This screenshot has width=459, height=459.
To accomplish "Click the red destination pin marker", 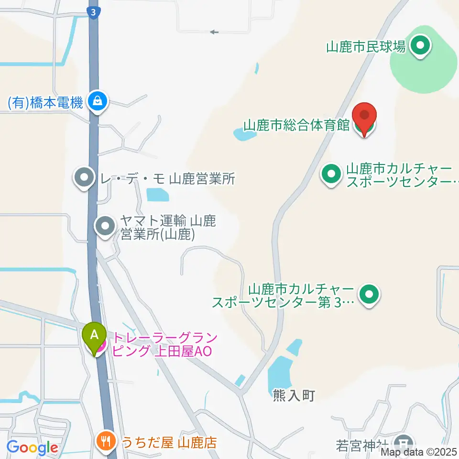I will click(x=364, y=116).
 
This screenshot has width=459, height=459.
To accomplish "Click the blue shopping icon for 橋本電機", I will click(x=98, y=101).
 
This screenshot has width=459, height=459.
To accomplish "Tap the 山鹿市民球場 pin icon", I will click(x=421, y=47).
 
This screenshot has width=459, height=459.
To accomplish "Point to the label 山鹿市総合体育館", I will click(x=297, y=126).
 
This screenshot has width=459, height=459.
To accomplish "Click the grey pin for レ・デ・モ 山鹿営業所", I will click(x=84, y=178).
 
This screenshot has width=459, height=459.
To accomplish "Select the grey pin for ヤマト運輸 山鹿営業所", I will click(x=105, y=226).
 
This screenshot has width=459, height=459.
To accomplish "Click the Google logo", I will click(x=32, y=448).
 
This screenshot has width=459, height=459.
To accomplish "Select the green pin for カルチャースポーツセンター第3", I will click(x=369, y=294).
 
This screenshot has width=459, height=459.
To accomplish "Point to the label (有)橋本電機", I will click(x=46, y=102).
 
